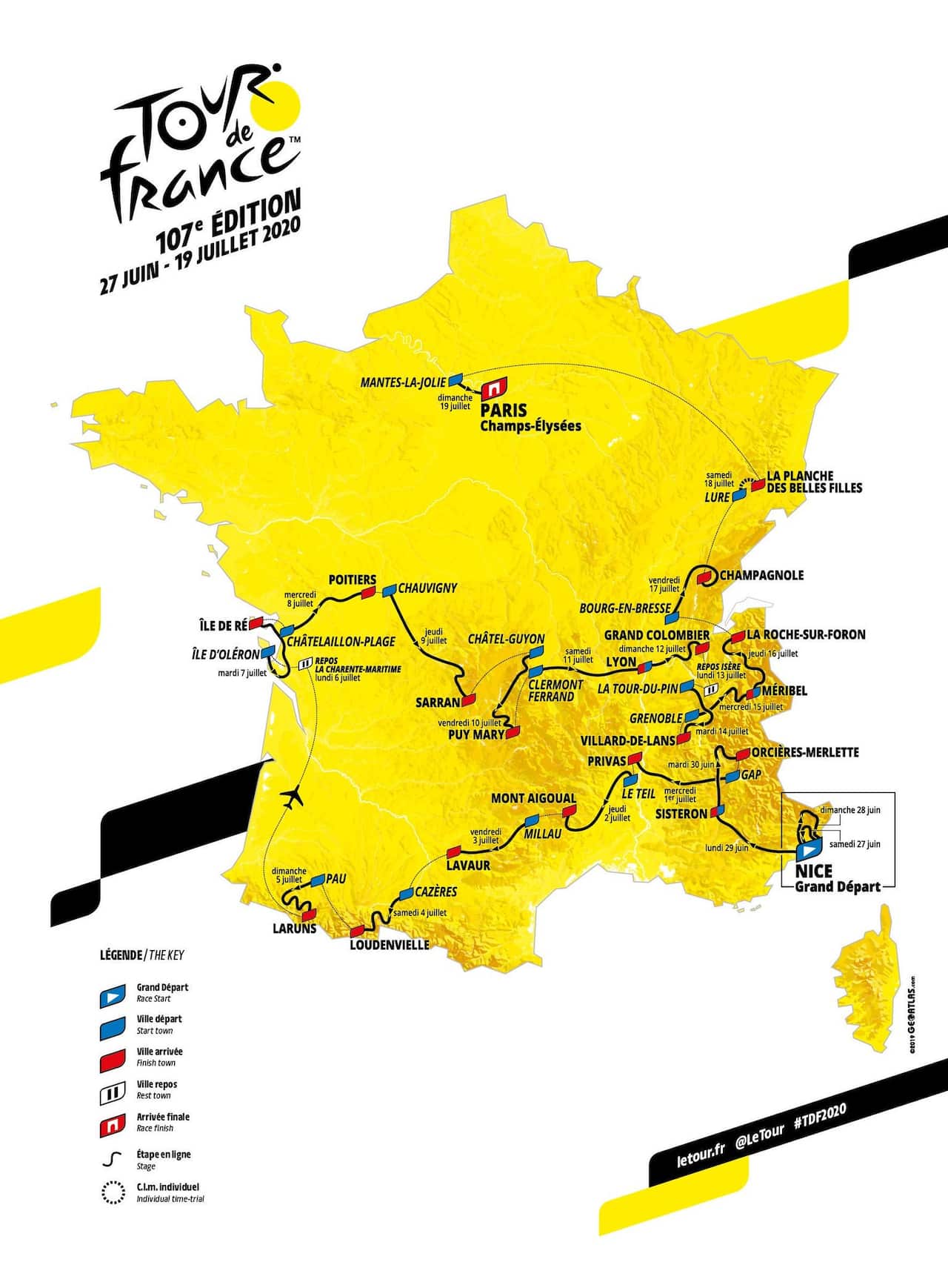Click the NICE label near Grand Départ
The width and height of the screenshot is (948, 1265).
[x=812, y=871]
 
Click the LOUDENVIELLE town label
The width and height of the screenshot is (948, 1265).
[x=389, y=945]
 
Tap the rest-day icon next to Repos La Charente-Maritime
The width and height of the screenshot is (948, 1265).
[x=304, y=665]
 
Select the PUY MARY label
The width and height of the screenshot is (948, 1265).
[x=476, y=734]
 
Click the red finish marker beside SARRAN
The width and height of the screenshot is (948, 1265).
[x=468, y=700]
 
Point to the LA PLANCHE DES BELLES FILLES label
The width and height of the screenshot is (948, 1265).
[x=813, y=482]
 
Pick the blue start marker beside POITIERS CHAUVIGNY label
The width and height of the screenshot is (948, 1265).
[x=389, y=591]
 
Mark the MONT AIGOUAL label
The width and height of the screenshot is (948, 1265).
[x=533, y=798]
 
